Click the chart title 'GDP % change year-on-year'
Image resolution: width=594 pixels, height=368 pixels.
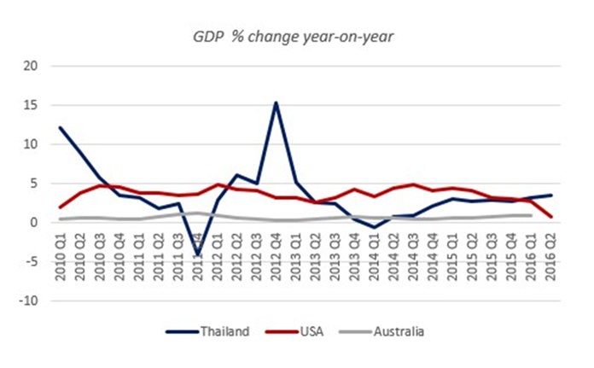(296, 36)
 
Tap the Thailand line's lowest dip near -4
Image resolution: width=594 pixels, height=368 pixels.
(198, 254)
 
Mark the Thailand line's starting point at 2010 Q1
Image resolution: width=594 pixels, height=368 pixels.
(60, 128)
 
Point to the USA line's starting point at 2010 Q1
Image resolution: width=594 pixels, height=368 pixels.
(60, 207)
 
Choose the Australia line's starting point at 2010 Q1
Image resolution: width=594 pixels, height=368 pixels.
(60, 219)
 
